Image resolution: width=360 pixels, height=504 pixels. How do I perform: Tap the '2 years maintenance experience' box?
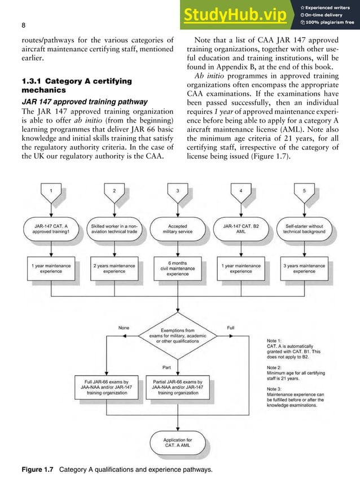pos(114,268)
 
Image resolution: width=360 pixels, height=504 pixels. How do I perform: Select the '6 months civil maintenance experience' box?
pos(178,268)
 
